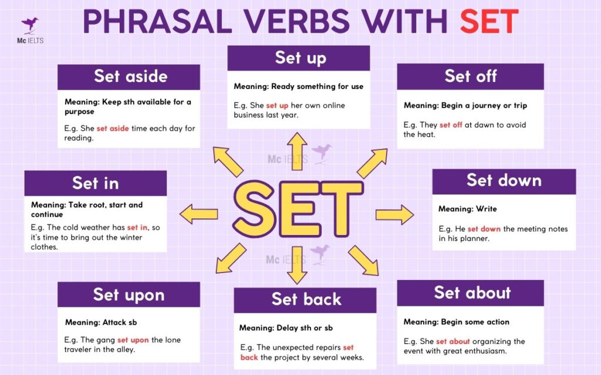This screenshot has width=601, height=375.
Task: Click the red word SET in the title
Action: coord(489,22)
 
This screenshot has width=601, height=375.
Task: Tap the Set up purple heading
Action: coord(299,57)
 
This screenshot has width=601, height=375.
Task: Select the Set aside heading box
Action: coord(130,76)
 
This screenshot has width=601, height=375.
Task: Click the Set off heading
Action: coord(470,76)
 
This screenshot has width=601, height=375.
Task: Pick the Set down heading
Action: coord(504,180)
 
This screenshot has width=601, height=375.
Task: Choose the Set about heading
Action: coord(472,292)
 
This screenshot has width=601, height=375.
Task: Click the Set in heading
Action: coord(95,183)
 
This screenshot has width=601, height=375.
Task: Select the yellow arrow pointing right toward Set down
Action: coord(394,214)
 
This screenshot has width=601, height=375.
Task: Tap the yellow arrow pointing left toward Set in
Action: coord(199,214)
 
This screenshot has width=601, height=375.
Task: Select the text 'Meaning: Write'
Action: coord(467,209)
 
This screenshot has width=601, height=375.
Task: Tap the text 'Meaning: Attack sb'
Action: coord(101,322)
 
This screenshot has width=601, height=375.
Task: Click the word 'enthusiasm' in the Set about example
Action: coord(487,351)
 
